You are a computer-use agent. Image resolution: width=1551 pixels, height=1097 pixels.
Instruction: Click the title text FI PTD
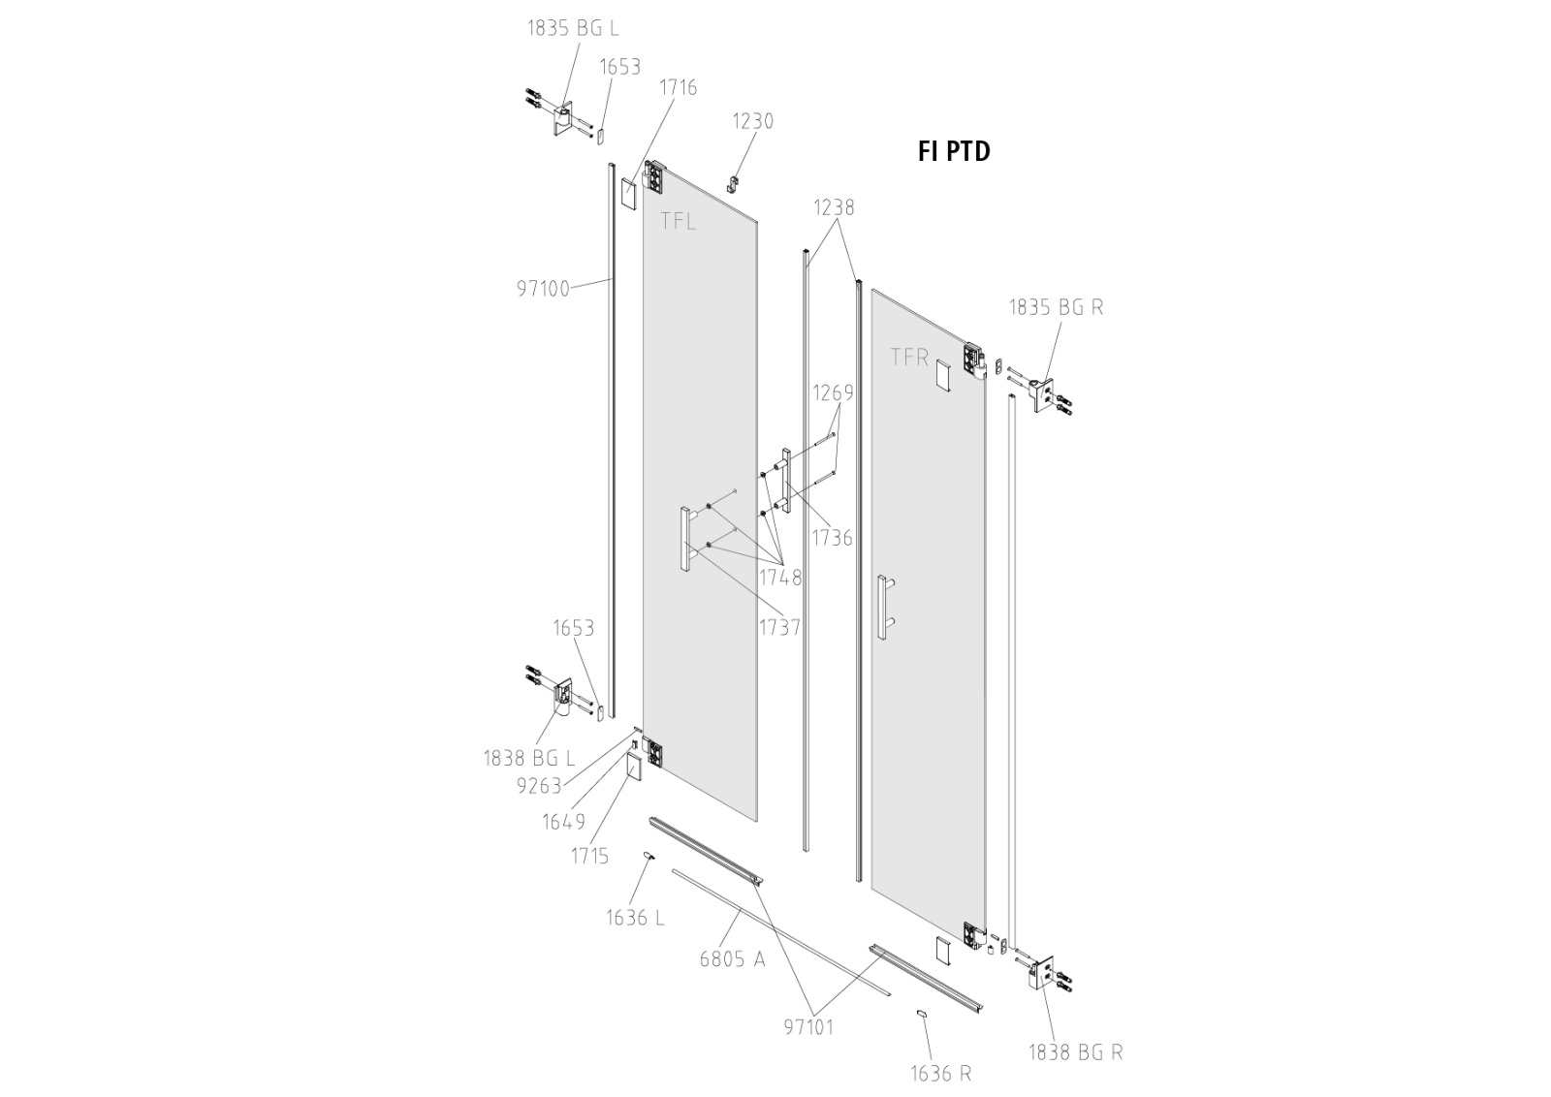click(954, 151)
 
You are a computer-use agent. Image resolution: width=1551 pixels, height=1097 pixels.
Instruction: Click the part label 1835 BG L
click(572, 28)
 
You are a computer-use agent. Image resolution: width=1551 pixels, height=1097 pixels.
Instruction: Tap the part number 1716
click(678, 88)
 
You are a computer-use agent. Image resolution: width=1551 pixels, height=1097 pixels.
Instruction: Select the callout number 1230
click(752, 122)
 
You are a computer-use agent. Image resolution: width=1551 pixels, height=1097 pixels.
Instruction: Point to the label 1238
click(834, 207)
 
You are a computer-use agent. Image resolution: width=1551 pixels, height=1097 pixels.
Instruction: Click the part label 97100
click(543, 288)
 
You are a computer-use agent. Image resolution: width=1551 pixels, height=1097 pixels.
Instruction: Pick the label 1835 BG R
click(1056, 307)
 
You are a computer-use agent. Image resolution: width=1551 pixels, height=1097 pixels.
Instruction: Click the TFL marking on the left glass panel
click(678, 221)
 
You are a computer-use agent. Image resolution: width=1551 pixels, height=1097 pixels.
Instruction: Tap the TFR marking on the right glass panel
click(910, 358)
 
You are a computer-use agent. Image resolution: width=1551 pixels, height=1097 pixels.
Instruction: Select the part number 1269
click(833, 392)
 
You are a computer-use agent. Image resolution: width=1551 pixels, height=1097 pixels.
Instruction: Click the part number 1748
click(780, 578)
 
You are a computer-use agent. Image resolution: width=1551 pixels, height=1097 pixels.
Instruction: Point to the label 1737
click(779, 627)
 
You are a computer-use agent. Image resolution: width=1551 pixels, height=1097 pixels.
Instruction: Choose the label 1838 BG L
click(529, 759)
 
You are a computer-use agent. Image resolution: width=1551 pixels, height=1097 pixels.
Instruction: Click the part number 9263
click(539, 786)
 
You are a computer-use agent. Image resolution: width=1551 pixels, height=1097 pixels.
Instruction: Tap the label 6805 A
click(732, 959)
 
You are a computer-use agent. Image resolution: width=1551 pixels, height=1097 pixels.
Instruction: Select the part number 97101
click(808, 1027)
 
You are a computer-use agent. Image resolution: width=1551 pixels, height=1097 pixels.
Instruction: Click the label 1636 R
click(940, 1074)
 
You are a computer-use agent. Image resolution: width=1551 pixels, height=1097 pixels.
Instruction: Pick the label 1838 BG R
click(1075, 1051)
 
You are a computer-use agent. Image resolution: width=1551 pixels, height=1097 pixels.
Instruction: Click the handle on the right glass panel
click(883, 608)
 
